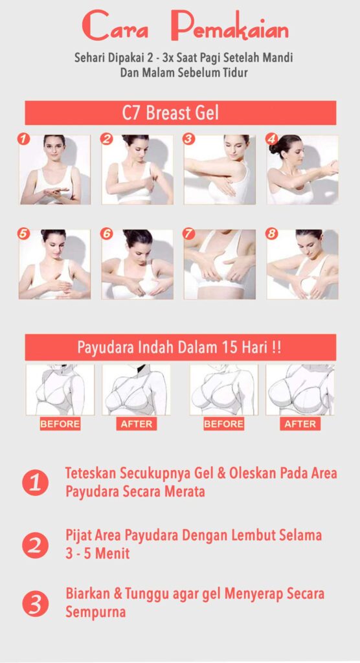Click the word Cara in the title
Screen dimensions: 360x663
click(x=115, y=27)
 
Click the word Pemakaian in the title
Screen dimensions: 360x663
click(x=230, y=27)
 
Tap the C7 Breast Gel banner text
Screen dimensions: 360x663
click(x=170, y=113)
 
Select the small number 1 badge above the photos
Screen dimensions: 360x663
click(x=23, y=139)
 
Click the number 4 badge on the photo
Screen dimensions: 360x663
click(x=271, y=139)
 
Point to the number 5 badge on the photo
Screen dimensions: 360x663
click(x=23, y=234)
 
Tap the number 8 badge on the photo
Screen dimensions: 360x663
click(x=271, y=234)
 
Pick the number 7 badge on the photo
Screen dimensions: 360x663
click(x=189, y=234)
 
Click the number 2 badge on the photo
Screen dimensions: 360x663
click(x=106, y=139)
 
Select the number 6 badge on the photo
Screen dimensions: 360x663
click(x=106, y=234)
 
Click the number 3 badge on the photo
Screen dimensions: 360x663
click(x=189, y=139)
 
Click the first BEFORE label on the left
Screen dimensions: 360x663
click(x=60, y=424)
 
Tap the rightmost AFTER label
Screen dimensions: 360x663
click(x=300, y=424)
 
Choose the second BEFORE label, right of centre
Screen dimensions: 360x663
click(x=224, y=424)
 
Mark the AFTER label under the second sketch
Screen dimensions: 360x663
click(x=136, y=424)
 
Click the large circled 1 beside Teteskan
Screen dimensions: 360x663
click(x=35, y=483)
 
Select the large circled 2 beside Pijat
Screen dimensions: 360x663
click(x=35, y=545)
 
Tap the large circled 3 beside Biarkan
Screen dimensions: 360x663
click(x=35, y=603)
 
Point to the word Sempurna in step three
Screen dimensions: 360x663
click(x=95, y=612)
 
